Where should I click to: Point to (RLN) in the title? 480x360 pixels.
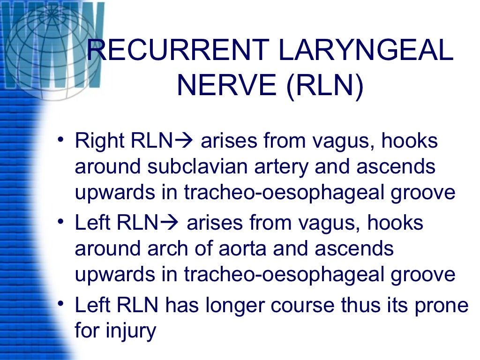pyautogui.click(x=324, y=86)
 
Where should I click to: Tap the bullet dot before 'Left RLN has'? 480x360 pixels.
pyautogui.click(x=60, y=306)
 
